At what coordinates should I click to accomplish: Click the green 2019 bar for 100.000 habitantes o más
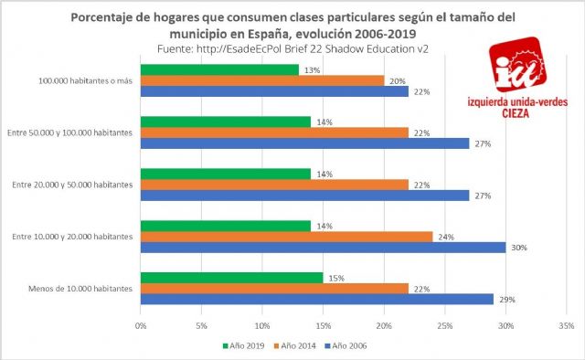tap(219, 69)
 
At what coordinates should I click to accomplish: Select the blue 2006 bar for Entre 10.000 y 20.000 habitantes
tap(323, 247)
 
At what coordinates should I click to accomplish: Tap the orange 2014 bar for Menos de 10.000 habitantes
tap(274, 288)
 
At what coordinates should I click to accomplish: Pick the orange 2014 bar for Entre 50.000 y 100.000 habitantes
tap(274, 132)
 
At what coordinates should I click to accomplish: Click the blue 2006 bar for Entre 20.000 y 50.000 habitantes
tap(304, 195)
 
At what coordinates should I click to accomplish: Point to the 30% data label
tap(516, 248)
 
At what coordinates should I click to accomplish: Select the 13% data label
tap(310, 69)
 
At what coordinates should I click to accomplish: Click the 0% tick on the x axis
tap(141, 324)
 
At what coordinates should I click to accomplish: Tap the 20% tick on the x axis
tap(383, 324)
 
